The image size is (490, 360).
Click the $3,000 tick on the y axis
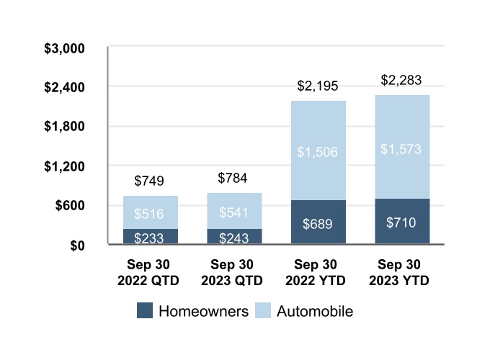64,48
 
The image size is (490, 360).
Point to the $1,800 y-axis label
64,126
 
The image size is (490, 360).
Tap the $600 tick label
70,205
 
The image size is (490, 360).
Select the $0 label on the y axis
77,246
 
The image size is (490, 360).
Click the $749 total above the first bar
149,181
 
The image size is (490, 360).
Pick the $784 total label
233,178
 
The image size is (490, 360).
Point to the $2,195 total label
318,86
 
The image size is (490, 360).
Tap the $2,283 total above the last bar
401,80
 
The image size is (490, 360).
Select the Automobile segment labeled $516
151,212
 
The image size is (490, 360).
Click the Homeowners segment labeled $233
151,236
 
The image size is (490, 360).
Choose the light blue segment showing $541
234,211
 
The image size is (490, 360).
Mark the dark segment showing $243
234,236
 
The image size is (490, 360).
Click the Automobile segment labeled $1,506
318,150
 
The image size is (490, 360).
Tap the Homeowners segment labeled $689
318,222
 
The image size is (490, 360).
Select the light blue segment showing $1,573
402,147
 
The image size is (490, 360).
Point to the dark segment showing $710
402,221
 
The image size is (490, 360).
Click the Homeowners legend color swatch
145,310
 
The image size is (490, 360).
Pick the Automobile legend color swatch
263,310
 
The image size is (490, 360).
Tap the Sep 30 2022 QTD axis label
148,272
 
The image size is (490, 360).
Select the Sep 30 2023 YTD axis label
399,272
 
